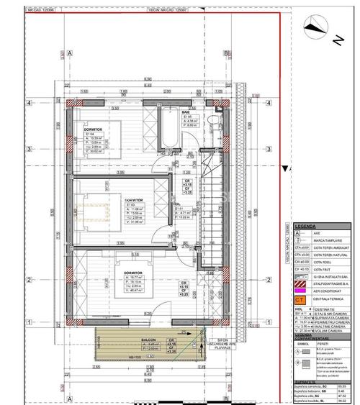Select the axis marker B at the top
(225, 53)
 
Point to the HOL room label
(176, 204)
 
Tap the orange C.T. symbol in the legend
(297, 299)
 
